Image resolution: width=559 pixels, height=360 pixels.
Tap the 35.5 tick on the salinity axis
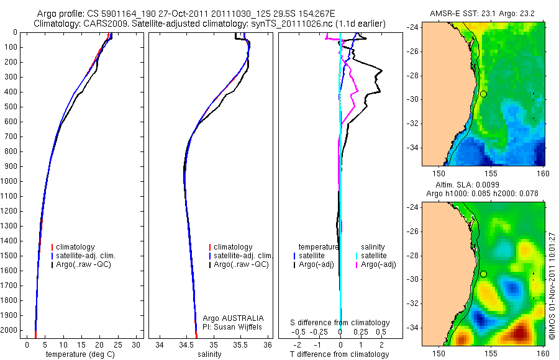click(x=241, y=345)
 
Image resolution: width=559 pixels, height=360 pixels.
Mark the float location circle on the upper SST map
click(x=483, y=94)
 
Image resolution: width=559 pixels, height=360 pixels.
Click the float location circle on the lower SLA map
click(x=483, y=274)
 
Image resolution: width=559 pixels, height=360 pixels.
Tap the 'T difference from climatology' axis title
click(x=339, y=354)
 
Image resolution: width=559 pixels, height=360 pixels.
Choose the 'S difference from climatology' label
click(x=340, y=323)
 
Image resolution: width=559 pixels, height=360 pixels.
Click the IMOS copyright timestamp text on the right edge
click(x=552, y=273)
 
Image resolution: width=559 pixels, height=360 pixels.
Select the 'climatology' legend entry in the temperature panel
click(x=73, y=247)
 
